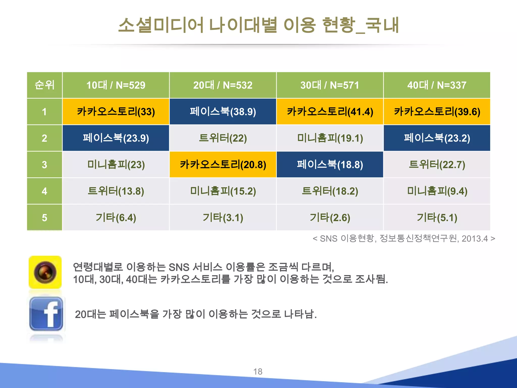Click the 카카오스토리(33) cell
(x=116, y=111)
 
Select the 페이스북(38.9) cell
(x=223, y=111)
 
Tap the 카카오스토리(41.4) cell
(x=330, y=111)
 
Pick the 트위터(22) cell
(x=223, y=138)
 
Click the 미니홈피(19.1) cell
(x=330, y=138)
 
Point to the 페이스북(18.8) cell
(x=330, y=164)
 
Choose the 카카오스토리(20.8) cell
(x=223, y=164)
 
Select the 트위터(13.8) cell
(x=116, y=191)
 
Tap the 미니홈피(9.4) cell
(x=437, y=191)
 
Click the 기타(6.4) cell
(x=116, y=217)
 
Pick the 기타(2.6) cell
(x=330, y=217)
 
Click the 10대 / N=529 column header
(x=116, y=85)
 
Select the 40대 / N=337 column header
(x=437, y=85)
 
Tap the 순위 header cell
(x=44, y=85)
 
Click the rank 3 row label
(x=44, y=164)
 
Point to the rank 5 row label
(x=44, y=217)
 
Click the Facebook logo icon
(x=46, y=314)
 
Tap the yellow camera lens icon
(x=45, y=272)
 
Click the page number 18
(x=258, y=372)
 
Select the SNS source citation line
(x=404, y=238)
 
